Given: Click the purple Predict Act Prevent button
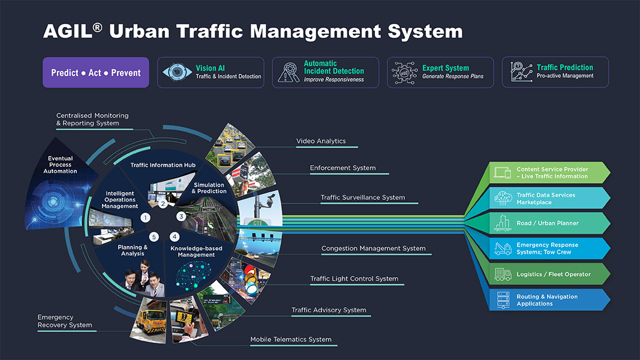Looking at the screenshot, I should [x=96, y=73].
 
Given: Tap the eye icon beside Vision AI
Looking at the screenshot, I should [x=176, y=73].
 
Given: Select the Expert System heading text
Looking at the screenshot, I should [x=445, y=68].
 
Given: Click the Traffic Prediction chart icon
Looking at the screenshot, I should [x=521, y=72].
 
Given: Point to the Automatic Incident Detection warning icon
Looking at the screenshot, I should [x=289, y=73].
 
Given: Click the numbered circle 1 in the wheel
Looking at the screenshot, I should [x=145, y=218].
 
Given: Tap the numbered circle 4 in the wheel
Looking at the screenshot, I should [x=175, y=236].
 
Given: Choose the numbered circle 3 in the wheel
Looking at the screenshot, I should [x=181, y=216].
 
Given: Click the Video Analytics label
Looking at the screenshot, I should [x=321, y=141].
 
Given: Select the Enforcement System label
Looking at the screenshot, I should [x=342, y=168].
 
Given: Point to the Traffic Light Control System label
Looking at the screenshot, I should [x=354, y=278].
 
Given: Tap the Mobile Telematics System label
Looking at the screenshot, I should [x=291, y=340].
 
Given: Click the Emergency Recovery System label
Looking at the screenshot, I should [x=65, y=321].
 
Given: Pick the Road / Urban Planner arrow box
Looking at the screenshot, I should [x=548, y=223].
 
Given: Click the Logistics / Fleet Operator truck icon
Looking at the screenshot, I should [x=503, y=274].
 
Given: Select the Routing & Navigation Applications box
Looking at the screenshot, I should [x=548, y=300].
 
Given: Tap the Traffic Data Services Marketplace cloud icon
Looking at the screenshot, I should [x=503, y=198].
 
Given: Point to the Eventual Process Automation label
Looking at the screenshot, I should [x=60, y=165].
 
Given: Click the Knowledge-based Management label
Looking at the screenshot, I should [x=196, y=251].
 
